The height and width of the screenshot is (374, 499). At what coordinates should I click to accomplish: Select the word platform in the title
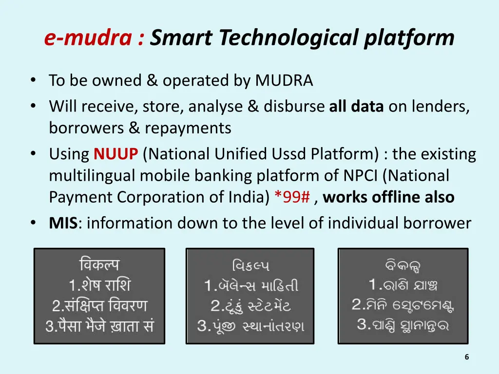pos(410,37)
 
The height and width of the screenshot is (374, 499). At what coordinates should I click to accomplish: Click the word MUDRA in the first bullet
pos(284,80)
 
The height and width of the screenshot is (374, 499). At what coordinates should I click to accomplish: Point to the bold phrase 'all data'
pos(356,106)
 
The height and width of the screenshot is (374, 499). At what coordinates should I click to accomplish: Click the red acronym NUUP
pos(116,154)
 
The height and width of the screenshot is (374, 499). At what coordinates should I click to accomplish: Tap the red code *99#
pos(292,197)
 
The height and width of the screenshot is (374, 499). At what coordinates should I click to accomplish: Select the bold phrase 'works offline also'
pos(388,197)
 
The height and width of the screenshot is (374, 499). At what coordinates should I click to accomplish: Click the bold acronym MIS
pos(62,223)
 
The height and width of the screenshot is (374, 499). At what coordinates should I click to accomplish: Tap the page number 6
pos(466,357)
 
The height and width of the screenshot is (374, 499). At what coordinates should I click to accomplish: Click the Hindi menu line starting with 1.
pos(99,285)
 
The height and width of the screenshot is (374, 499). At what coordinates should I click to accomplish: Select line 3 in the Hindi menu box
pos(99,326)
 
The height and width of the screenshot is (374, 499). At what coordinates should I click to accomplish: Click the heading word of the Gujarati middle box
pos(250,265)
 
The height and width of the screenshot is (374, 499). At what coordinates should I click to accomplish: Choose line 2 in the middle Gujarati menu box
pos(250,305)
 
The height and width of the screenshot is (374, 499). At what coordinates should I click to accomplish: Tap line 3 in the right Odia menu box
pos(403,325)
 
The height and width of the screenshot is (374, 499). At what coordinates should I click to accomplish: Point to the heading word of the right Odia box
pos(403,265)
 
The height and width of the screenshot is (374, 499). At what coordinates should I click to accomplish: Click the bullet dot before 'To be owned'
pos(33,80)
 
